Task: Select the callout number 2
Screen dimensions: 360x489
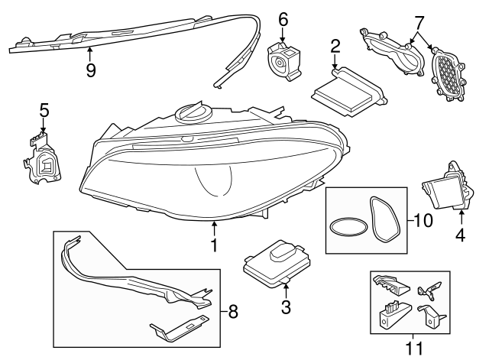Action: click(335, 47)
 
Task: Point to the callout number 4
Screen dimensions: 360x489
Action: click(460, 237)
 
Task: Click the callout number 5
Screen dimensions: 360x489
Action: click(44, 110)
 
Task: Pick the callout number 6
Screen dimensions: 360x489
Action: click(282, 18)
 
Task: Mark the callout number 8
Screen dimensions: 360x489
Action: click(234, 311)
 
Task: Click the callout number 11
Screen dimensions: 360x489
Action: click(413, 349)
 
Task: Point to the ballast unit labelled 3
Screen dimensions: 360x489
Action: click(275, 261)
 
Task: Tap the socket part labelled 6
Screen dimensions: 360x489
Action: click(284, 60)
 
